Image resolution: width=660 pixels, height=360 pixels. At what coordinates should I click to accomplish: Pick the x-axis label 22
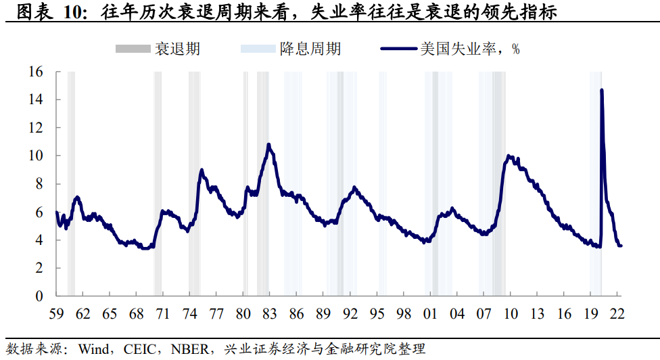point(617,314)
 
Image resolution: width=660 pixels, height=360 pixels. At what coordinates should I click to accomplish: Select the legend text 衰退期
point(177,49)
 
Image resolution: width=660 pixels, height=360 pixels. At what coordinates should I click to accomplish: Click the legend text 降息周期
point(310,49)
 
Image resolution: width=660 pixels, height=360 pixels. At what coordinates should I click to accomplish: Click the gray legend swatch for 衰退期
point(133,49)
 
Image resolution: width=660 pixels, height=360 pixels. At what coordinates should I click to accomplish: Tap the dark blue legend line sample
point(399,49)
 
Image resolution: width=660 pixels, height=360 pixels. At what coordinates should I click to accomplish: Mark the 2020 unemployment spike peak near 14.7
point(602,90)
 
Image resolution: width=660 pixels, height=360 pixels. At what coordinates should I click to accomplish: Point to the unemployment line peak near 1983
point(268,144)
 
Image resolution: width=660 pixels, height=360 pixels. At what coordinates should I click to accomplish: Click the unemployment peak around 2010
point(509,156)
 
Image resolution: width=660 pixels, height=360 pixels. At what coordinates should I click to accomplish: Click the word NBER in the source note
point(185,349)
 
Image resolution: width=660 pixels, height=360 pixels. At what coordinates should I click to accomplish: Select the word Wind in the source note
point(92,349)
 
